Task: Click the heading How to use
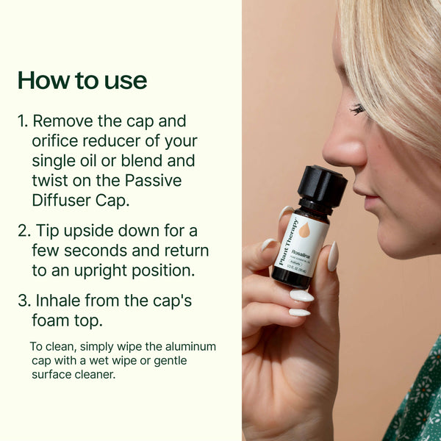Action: (x=82, y=80)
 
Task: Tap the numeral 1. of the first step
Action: (x=23, y=121)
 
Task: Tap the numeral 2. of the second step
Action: (x=24, y=231)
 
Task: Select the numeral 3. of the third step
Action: (x=24, y=301)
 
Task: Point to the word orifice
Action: (x=58, y=140)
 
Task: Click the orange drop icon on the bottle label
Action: (x=304, y=230)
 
